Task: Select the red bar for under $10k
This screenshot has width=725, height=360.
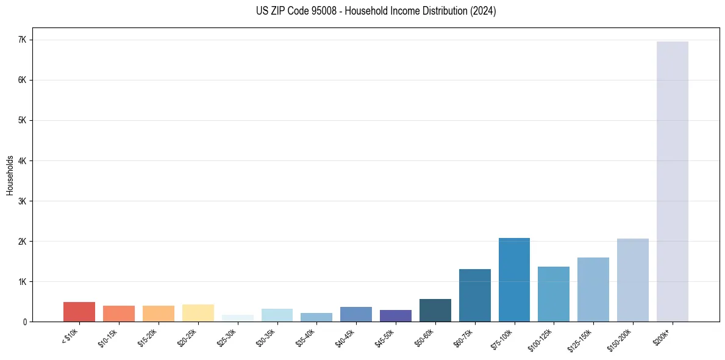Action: pyautogui.click(x=79, y=312)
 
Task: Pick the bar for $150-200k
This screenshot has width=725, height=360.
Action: pyautogui.click(x=632, y=280)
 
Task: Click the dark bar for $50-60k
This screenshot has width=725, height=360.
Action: pyautogui.click(x=435, y=310)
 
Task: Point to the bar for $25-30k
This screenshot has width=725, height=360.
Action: pyautogui.click(x=237, y=319)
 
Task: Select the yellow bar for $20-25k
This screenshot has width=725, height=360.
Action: pyautogui.click(x=198, y=313)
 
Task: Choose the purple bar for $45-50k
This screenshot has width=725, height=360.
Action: pyautogui.click(x=395, y=315)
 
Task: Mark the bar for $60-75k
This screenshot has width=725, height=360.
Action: pyautogui.click(x=474, y=295)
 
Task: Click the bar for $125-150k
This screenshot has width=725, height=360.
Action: pyautogui.click(x=593, y=289)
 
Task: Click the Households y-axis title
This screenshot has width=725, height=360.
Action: pyautogui.click(x=10, y=175)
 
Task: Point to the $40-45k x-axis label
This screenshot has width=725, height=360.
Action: pyautogui.click(x=345, y=337)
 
